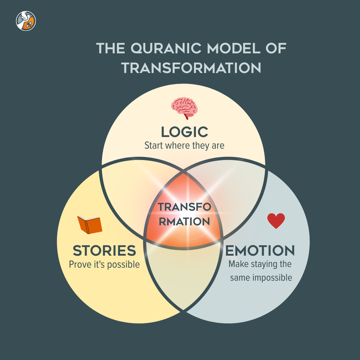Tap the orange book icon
[90, 225]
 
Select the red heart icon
[276, 221]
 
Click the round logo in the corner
[26, 21]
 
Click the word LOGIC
[184, 132]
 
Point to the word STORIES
[104, 250]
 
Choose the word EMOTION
[260, 250]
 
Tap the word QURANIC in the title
[166, 49]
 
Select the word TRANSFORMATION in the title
[191, 68]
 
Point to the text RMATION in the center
[184, 221]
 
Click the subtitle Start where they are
[184, 146]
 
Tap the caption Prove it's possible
[104, 265]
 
